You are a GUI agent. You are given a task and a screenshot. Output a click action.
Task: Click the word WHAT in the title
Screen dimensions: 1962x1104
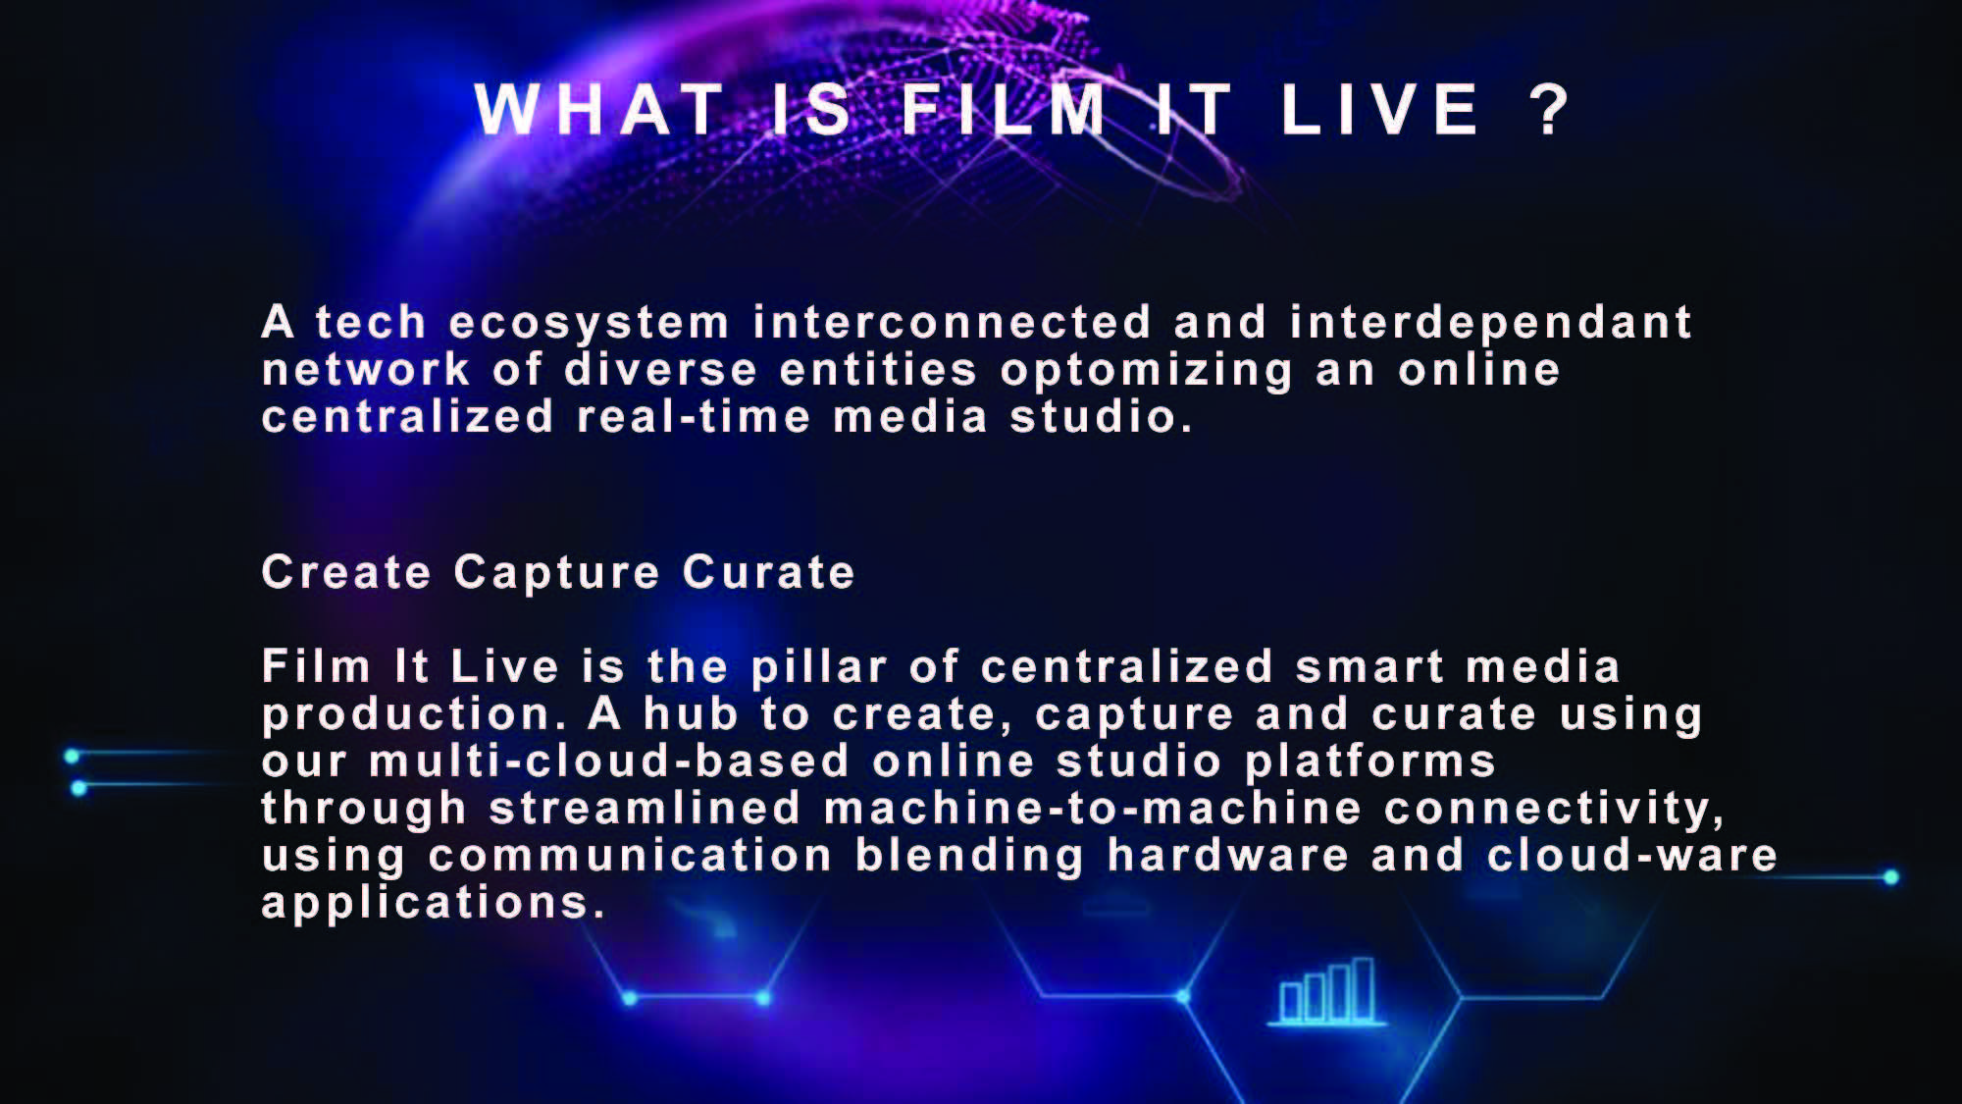[599, 109]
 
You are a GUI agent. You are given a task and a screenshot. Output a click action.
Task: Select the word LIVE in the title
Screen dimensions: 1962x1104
[1380, 109]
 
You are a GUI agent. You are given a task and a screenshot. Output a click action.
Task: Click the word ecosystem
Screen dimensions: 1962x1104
[589, 324]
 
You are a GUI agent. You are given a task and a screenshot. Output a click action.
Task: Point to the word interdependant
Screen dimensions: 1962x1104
[1491, 322]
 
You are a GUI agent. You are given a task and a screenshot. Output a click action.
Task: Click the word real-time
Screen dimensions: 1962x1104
[694, 416]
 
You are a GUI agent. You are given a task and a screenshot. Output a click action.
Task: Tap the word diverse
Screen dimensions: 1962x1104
[661, 369]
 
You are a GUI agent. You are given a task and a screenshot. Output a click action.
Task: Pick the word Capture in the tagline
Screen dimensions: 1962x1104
[556, 573]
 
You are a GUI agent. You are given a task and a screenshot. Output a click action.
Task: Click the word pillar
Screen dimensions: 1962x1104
[819, 668]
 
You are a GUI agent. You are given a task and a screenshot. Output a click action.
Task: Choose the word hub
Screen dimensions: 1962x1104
[691, 713]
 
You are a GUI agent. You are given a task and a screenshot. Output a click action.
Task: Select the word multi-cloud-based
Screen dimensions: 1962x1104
[609, 761]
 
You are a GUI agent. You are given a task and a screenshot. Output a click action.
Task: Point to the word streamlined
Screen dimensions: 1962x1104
[645, 808]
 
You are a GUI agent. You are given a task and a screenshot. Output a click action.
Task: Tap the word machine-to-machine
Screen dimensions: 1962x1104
[1094, 808]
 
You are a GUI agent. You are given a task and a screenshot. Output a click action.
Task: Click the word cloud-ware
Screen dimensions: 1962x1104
[1632, 855]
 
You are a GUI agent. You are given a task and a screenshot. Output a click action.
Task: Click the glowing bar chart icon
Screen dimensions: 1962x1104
[1327, 991]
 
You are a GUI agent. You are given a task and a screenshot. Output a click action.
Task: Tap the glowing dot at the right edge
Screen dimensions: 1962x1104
[1890, 877]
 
